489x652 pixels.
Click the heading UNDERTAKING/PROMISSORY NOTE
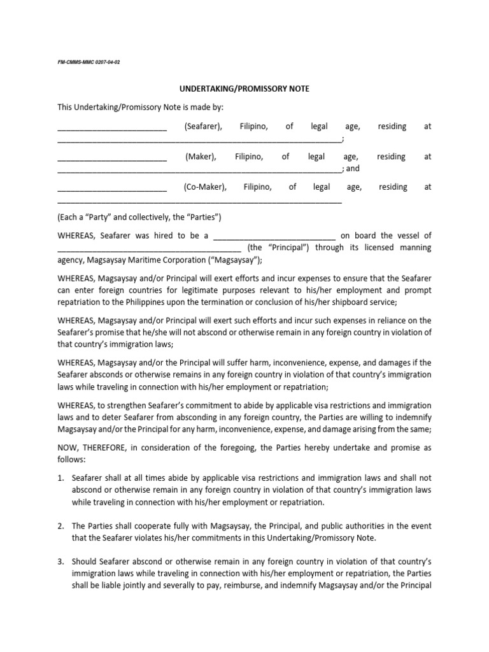click(x=244, y=89)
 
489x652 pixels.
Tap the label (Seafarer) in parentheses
click(x=204, y=127)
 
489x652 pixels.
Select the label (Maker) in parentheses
click(x=201, y=157)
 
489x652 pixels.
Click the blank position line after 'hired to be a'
click(x=274, y=237)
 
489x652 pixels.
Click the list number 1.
click(x=60, y=478)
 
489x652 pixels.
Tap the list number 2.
click(x=60, y=526)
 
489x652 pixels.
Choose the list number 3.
click(x=60, y=562)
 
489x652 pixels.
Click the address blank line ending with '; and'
click(x=199, y=169)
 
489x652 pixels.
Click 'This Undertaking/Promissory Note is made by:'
click(x=140, y=107)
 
